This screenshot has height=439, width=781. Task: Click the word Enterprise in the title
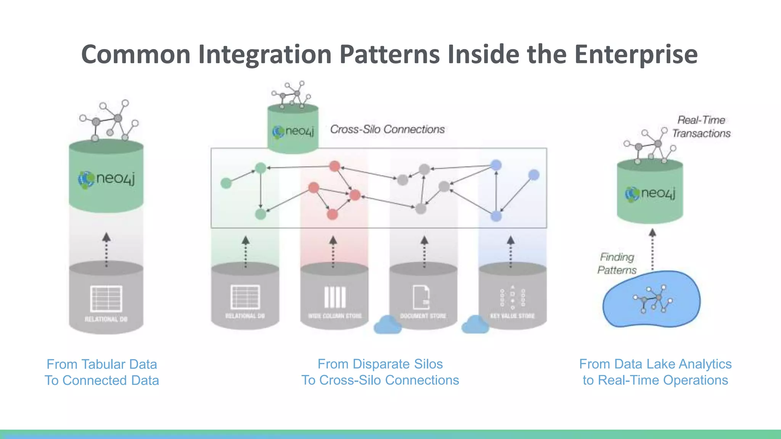(x=636, y=54)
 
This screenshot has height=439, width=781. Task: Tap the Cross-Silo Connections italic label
(x=387, y=130)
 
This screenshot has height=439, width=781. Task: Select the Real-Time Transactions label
(x=701, y=127)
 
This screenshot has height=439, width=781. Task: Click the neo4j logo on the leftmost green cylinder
(x=106, y=179)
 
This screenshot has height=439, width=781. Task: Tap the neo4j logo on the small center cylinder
(x=293, y=131)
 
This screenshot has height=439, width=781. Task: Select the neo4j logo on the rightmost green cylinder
(x=650, y=193)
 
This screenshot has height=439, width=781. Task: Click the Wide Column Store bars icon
(x=335, y=297)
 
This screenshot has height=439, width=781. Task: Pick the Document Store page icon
(x=421, y=297)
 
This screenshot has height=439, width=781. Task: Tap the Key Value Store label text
(x=512, y=316)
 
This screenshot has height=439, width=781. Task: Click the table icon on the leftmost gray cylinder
(x=106, y=298)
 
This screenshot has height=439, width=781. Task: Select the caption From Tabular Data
(x=102, y=364)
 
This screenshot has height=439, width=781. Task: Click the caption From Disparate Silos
(x=380, y=364)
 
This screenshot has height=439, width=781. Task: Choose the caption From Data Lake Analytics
(x=655, y=364)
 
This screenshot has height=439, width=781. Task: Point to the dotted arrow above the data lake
(x=652, y=250)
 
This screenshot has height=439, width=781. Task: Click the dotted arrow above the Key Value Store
(x=511, y=252)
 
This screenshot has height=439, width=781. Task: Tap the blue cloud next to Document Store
(x=387, y=325)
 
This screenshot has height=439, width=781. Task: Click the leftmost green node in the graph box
(x=226, y=183)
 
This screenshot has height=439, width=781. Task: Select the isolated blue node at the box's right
(x=534, y=175)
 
